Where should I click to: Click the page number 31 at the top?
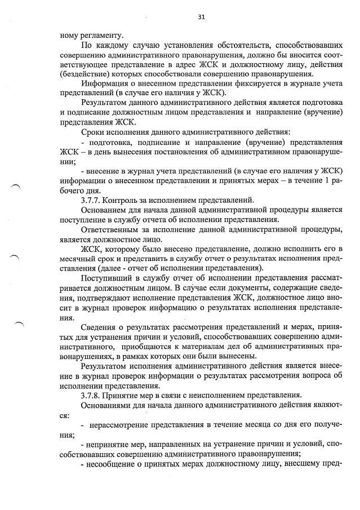(201, 17)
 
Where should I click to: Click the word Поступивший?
(110, 278)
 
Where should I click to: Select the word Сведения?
(101, 327)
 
